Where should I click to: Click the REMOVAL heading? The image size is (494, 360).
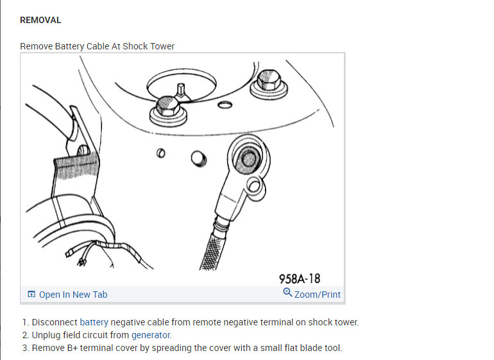coord(40,20)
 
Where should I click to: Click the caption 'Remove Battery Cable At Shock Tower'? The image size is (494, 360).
coord(97,46)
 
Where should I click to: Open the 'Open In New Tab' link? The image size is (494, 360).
coord(72,295)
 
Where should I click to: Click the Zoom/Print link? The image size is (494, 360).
coord(317,295)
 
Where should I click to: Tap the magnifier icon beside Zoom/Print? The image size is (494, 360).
coord(287,293)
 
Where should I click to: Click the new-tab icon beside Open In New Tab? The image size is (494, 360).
coord(31,295)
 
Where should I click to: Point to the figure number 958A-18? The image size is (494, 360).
coord(299,279)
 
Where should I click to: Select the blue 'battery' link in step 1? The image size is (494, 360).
coord(94,322)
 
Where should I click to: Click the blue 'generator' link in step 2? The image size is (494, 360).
coord(151,335)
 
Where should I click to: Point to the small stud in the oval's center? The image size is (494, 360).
coord(182,89)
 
